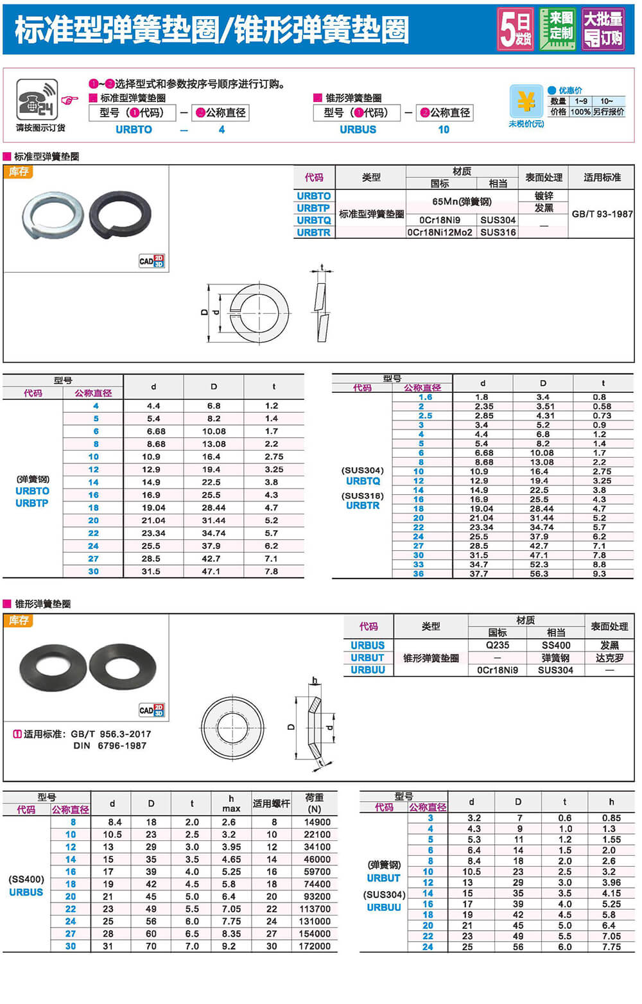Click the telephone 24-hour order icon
tap(37, 99)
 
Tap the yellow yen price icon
tap(525, 101)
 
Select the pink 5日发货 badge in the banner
tap(515, 30)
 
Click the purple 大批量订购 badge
tap(603, 30)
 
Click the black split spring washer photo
tap(120, 214)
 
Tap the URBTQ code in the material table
tap(313, 220)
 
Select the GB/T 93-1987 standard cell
tap(602, 214)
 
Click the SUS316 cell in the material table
tap(498, 232)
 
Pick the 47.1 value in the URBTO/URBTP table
tap(211, 571)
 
